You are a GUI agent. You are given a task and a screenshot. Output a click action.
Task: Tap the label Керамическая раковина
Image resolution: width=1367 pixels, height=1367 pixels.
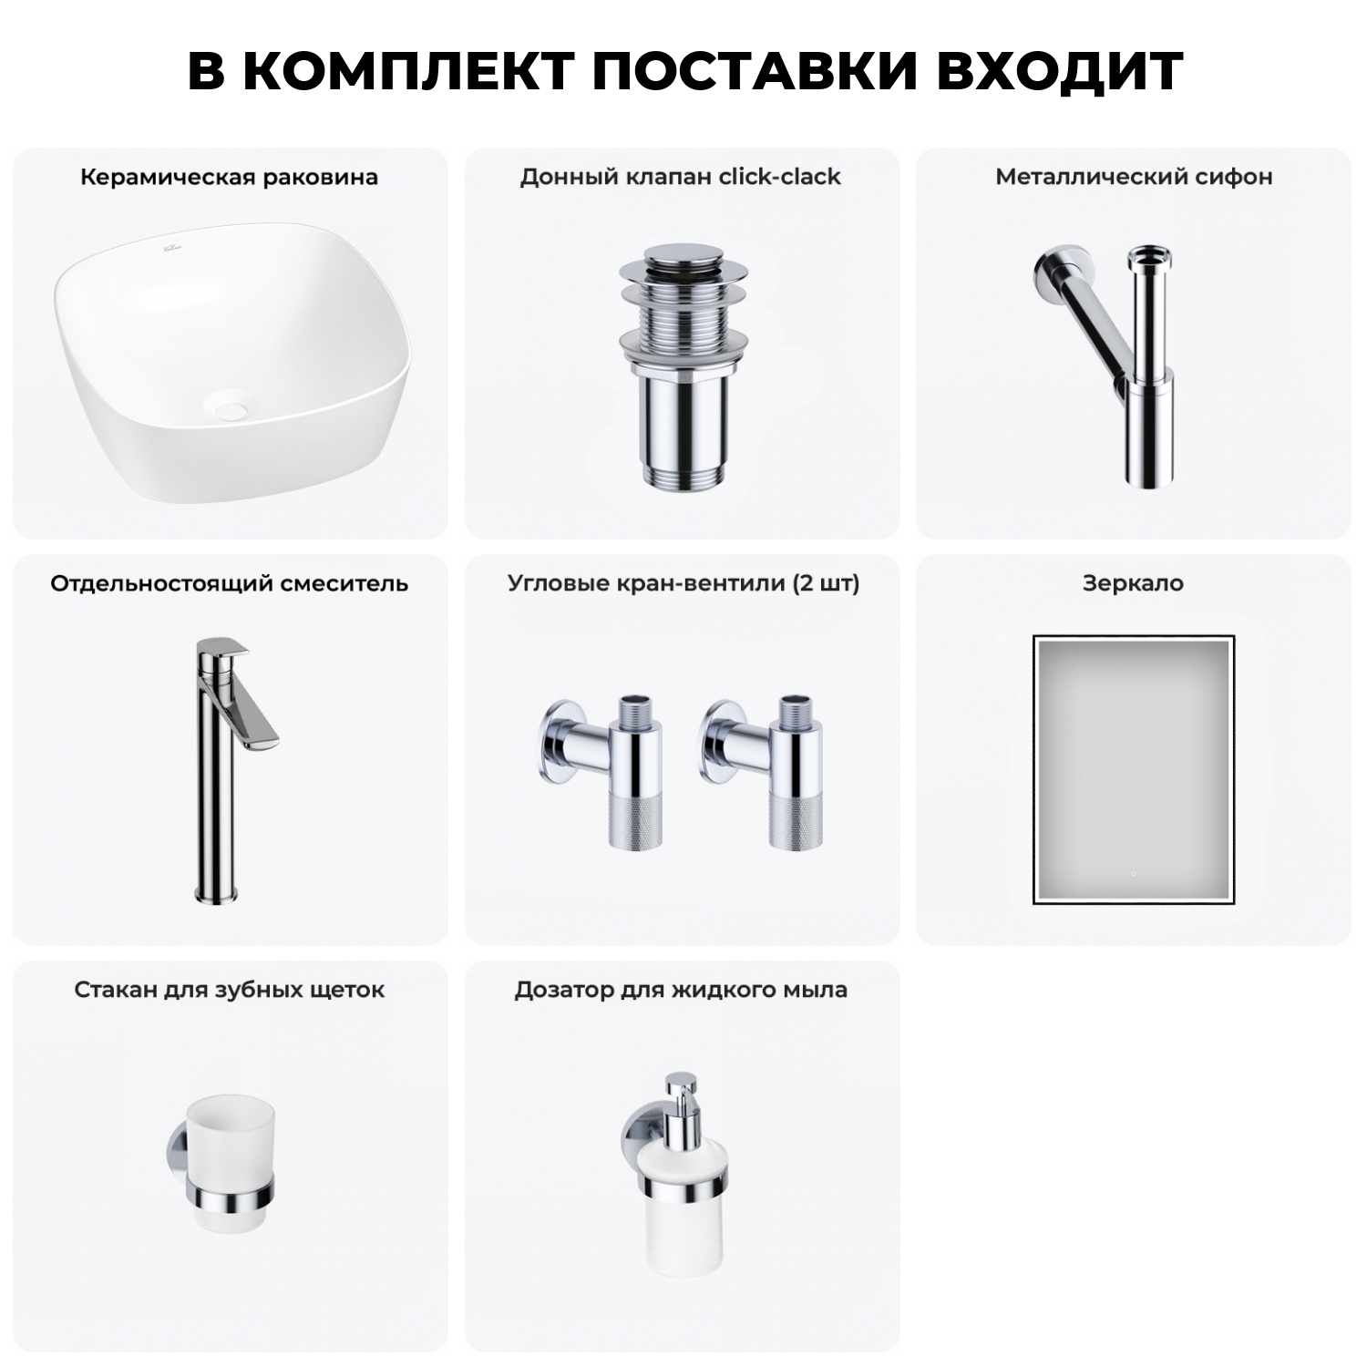coord(229,177)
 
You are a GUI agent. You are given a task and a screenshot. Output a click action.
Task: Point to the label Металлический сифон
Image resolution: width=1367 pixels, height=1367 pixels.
coord(1134,177)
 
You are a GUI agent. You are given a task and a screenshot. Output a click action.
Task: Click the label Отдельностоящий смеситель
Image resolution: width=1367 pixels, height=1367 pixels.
coord(229,583)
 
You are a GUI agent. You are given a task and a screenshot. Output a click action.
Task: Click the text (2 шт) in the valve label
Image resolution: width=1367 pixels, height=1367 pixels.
coord(826,583)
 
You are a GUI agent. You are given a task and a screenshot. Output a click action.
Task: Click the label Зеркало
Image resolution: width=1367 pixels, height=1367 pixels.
coord(1133,583)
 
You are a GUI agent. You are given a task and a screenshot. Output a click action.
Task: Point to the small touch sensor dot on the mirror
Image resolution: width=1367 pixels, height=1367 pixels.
coord(1133,873)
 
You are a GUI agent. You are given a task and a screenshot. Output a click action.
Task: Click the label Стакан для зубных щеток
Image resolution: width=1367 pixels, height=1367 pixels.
coord(229,990)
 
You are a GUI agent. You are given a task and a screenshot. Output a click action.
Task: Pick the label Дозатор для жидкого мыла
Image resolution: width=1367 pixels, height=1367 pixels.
coord(681,990)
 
